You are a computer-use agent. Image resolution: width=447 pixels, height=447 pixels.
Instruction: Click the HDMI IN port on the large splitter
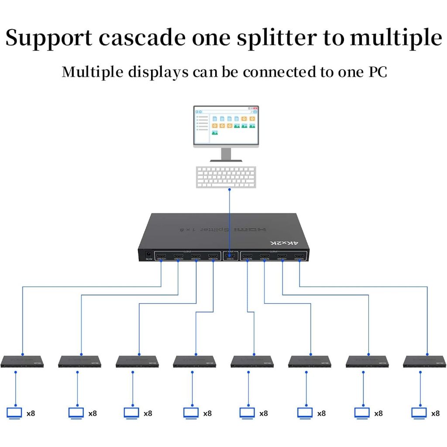[230, 257]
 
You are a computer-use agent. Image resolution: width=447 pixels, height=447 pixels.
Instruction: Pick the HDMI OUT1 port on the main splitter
[161, 257]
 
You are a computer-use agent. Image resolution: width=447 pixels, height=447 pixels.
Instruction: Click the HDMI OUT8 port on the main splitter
[299, 257]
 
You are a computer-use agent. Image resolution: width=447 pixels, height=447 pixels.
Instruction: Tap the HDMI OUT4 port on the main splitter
[213, 257]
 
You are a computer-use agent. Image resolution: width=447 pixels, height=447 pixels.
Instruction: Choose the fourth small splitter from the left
[195, 361]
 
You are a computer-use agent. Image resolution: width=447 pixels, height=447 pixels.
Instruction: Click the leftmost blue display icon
[15, 413]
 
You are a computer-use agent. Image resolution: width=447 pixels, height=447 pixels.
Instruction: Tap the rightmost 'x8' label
[435, 413]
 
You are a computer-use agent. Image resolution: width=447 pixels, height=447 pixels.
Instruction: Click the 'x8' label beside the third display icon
[148, 413]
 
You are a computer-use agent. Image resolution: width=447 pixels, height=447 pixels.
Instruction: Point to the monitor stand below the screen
[226, 155]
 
